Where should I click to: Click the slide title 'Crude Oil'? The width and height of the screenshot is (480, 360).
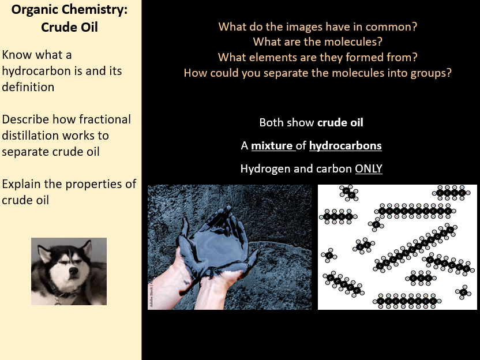tap(69, 27)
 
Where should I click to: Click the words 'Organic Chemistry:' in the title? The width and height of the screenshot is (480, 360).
tap(69, 10)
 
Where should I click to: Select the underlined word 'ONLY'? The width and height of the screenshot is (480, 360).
tap(369, 169)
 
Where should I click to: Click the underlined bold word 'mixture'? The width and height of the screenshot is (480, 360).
tap(272, 146)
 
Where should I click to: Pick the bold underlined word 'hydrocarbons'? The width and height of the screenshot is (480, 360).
tap(346, 146)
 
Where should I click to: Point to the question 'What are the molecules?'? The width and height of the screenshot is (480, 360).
tap(318, 42)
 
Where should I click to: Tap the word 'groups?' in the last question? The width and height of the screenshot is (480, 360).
tap(429, 73)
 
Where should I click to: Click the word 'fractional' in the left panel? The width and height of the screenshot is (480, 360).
tap(104, 119)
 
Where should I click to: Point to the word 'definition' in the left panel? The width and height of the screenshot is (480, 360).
tap(28, 87)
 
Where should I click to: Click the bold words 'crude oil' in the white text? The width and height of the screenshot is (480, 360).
tap(340, 122)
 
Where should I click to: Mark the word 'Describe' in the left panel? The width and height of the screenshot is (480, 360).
tap(25, 119)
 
